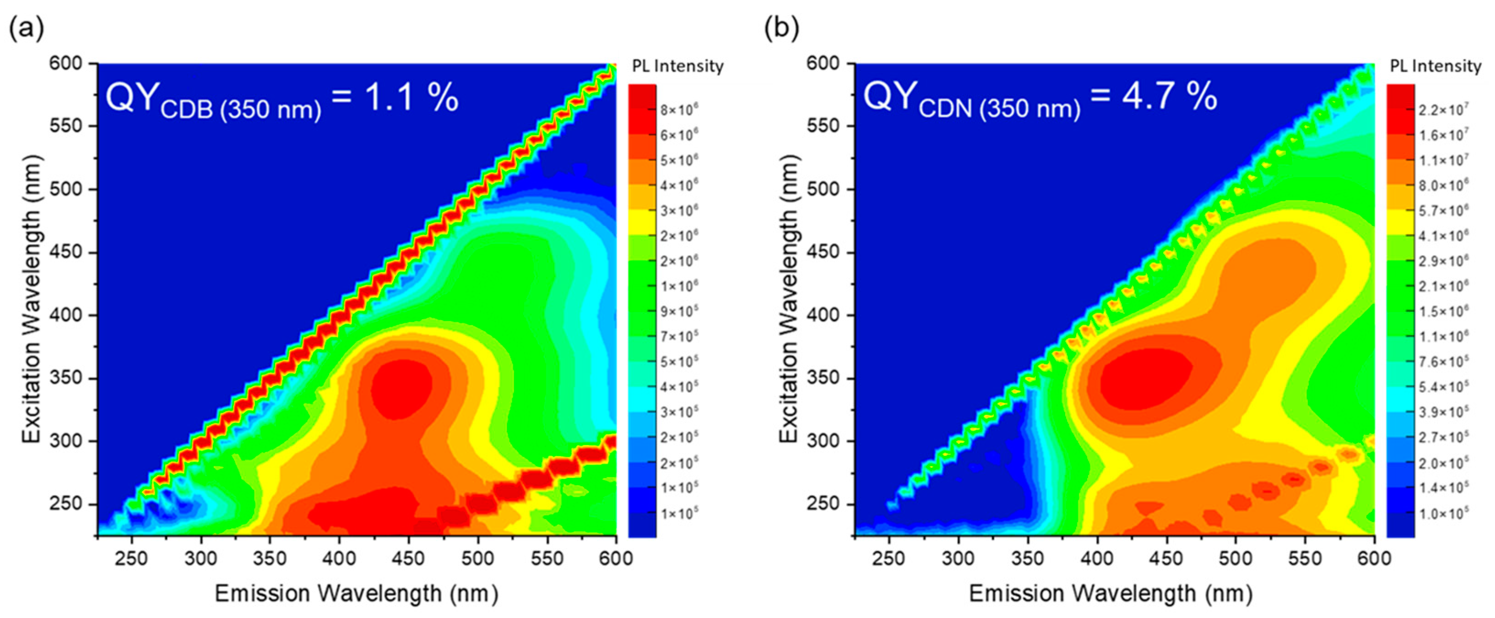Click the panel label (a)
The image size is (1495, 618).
point(27,28)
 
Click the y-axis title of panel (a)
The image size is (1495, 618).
point(32,299)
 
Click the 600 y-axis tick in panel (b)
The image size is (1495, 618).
point(823,63)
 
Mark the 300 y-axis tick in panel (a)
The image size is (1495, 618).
point(66,441)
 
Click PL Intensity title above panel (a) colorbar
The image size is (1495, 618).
point(678,66)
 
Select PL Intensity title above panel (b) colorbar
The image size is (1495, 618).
point(1435,66)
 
